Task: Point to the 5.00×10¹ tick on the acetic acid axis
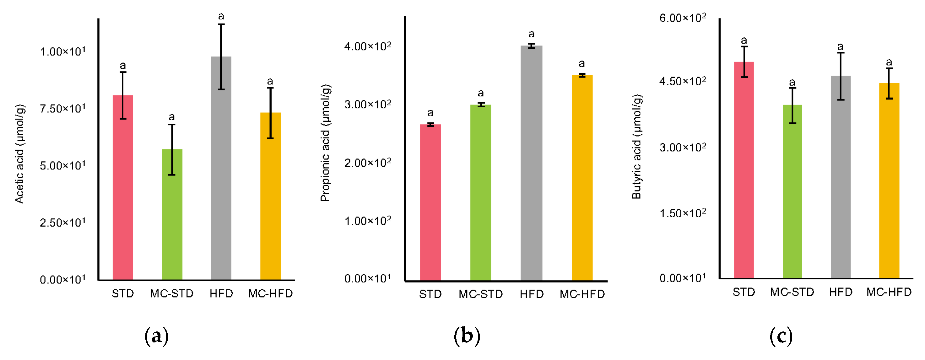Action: click(x=63, y=165)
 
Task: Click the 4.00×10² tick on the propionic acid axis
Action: click(x=367, y=46)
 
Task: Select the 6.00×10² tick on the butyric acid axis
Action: click(x=682, y=18)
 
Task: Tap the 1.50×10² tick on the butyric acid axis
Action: click(x=682, y=213)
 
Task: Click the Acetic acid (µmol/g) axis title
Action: click(x=19, y=154)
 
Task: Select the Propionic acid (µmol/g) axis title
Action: click(x=325, y=143)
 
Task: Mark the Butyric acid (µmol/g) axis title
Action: click(x=637, y=147)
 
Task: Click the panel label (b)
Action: click(x=467, y=336)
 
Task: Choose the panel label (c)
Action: click(x=781, y=336)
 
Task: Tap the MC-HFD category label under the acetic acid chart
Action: click(x=270, y=293)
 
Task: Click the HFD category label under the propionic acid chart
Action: click(x=532, y=294)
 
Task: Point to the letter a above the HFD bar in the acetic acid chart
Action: click(x=221, y=16)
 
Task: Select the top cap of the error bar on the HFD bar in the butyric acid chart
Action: click(x=841, y=53)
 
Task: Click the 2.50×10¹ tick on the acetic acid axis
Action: click(x=63, y=223)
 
